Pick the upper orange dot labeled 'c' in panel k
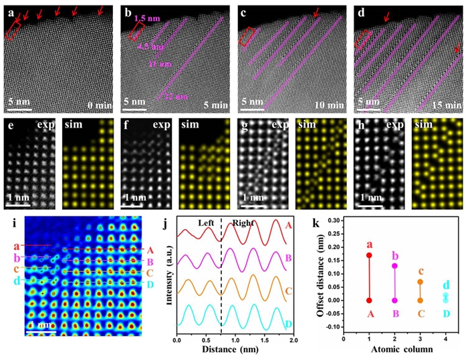click(x=420, y=281)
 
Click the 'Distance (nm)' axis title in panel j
click(x=233, y=352)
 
